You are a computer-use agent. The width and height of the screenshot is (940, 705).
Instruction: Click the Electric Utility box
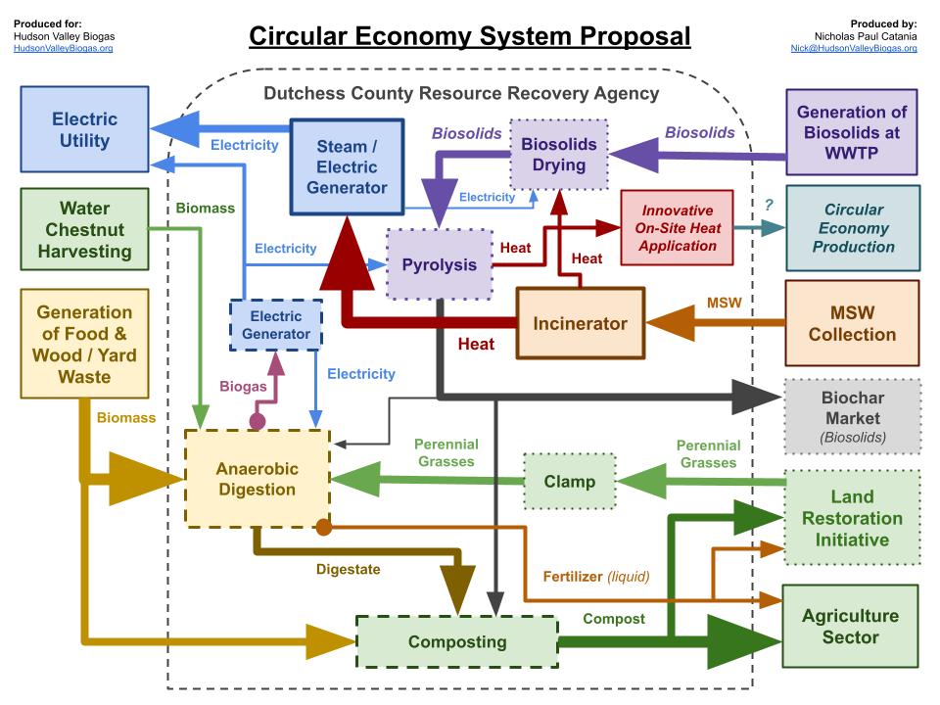tap(84, 129)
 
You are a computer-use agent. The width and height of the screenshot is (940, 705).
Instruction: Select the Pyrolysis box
tap(439, 264)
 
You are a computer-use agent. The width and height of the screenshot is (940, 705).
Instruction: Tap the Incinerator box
tap(580, 323)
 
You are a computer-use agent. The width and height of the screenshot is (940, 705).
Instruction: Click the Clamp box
tap(569, 481)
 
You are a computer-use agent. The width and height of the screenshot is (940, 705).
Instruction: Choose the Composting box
tap(456, 642)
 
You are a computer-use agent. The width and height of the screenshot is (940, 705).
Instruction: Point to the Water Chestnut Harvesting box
tap(83, 229)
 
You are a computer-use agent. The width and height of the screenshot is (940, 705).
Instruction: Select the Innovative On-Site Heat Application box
tap(677, 227)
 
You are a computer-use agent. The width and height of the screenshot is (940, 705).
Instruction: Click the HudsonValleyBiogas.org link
tap(64, 48)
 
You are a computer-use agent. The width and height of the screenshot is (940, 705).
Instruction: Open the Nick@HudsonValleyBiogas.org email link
tap(854, 48)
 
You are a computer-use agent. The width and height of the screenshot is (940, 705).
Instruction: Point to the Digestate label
tap(348, 568)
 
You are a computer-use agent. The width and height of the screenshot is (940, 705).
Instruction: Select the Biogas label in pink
tap(243, 386)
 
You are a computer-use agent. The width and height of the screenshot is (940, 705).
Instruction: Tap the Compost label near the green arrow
tap(614, 618)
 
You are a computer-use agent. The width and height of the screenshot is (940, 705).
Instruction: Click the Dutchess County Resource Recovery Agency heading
tap(461, 94)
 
